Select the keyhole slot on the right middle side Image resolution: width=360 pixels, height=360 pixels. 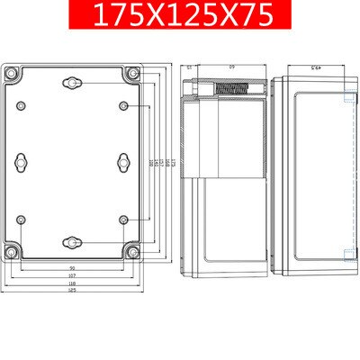pyautogui.click(x=125, y=162)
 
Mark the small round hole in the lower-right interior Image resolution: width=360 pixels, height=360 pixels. pyautogui.click(x=125, y=219)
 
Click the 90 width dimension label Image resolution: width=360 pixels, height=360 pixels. pyautogui.click(x=72, y=269)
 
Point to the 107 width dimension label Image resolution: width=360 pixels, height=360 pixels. pyautogui.click(x=72, y=276)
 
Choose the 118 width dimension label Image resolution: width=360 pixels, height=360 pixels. pyautogui.click(x=72, y=283)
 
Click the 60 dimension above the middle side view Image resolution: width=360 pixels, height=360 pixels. pyautogui.click(x=230, y=67)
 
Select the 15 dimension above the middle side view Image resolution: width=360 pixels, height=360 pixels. pyautogui.click(x=190, y=67)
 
